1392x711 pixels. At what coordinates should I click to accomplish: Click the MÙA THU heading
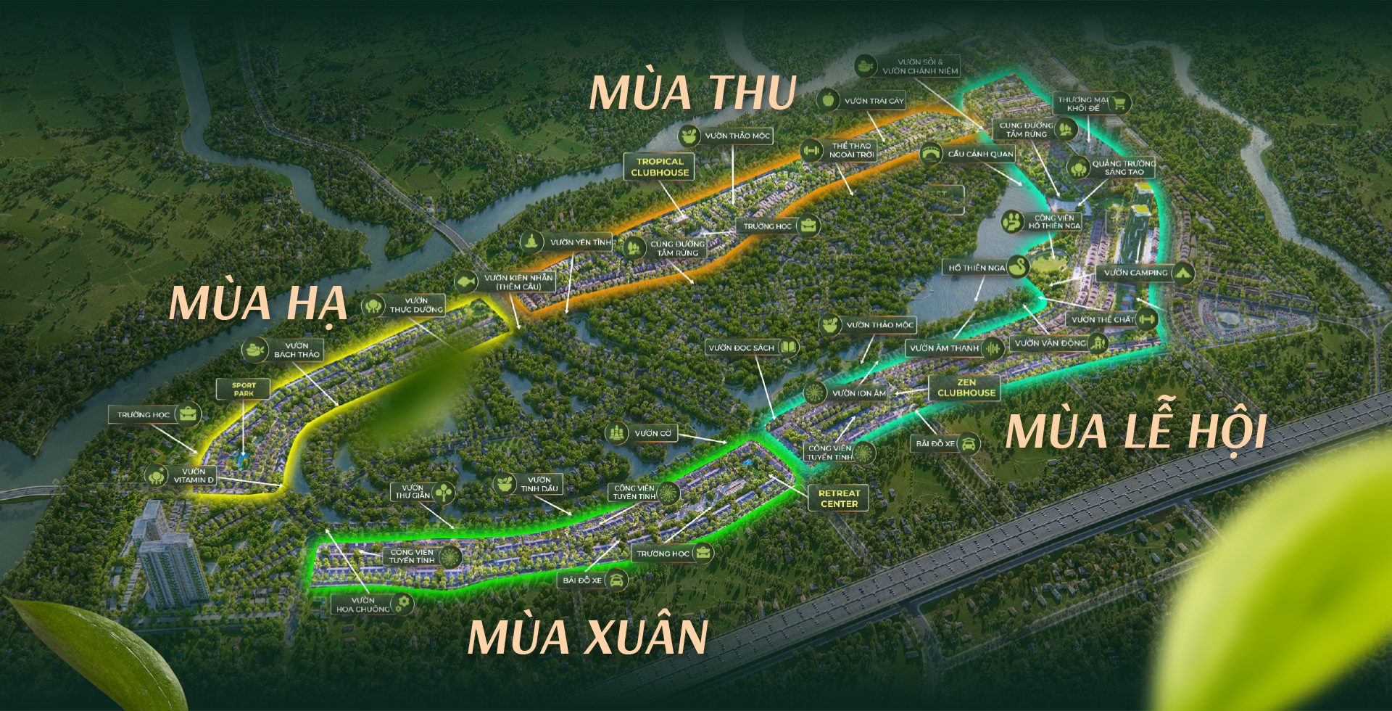pos(692,93)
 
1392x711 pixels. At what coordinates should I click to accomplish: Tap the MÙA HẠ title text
pos(257,303)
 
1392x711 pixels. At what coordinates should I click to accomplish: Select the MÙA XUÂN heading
pos(587,636)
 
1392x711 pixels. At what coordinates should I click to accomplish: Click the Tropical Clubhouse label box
pos(660,167)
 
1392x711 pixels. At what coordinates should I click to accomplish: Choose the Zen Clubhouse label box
pos(966,388)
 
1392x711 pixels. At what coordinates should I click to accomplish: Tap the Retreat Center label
pos(839,498)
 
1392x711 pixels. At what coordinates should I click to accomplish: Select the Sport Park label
pos(244,390)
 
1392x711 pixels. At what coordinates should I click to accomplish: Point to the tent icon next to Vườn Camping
pos(1183,273)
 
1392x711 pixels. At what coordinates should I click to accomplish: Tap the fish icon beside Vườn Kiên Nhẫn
pos(466,281)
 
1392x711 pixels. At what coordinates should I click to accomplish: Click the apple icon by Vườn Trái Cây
pos(828,100)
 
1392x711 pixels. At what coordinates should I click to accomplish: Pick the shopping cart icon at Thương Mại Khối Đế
pos(1119,104)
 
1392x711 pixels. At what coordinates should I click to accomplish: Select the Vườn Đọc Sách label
pos(742,348)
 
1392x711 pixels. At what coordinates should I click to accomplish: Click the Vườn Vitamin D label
pos(193,476)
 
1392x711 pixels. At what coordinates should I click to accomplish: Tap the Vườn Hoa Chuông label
pos(363,604)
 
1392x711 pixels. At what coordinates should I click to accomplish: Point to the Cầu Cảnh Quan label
pos(980,154)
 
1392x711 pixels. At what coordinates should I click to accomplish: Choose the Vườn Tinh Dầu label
pos(539,484)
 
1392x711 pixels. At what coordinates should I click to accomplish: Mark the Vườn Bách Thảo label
pos(297,350)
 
